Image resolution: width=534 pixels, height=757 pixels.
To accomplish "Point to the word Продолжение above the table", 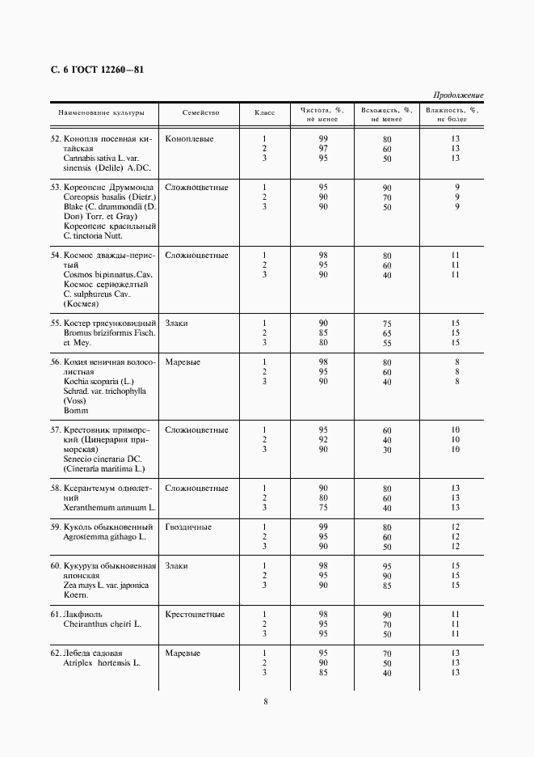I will pos(458,95).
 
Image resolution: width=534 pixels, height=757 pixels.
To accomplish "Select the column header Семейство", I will pos(200,113).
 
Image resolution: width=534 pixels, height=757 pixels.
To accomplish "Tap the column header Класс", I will pos(264,113).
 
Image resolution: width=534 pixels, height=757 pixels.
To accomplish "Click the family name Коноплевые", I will pos(189,139).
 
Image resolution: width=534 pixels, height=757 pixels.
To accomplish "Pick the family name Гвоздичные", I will pos(188,527).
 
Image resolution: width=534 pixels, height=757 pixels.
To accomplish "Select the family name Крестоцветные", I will pos(195,615).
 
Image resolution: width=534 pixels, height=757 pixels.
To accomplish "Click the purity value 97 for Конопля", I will pos(323,149).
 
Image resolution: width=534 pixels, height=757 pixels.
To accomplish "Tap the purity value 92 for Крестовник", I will pos(323,440).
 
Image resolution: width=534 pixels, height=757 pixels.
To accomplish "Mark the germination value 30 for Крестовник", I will pos(387,450).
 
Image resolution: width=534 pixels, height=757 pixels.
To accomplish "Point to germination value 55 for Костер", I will pos(387,343).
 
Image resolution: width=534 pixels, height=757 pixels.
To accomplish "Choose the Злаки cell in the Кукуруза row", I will pos(176,566).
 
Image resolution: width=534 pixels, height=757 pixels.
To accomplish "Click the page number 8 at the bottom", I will pos(266,701).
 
